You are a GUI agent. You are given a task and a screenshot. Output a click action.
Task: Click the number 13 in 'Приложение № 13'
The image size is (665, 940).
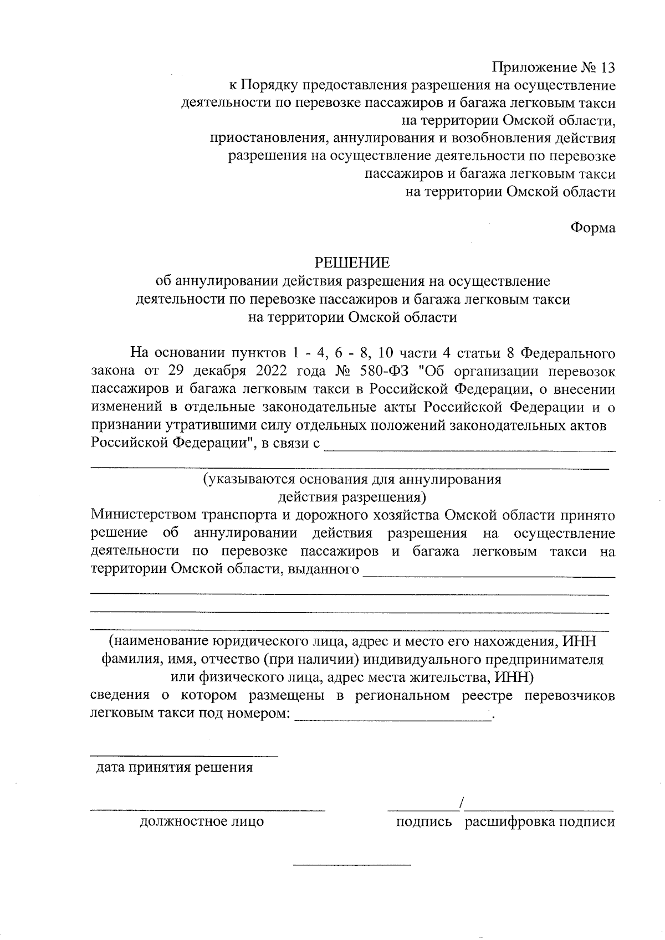(x=606, y=68)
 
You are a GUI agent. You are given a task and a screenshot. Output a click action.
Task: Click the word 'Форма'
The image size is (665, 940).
(x=593, y=228)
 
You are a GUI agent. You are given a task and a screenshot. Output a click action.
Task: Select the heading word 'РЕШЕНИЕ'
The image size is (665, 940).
(x=352, y=263)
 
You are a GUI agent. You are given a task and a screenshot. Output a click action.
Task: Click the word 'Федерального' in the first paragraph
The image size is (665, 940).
(x=569, y=352)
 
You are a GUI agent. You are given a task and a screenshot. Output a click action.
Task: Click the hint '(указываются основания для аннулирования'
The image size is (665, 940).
(x=352, y=479)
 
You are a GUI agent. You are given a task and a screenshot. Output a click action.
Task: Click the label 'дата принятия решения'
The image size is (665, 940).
(x=175, y=768)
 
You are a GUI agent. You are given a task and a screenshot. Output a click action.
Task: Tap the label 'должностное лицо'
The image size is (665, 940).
(x=202, y=821)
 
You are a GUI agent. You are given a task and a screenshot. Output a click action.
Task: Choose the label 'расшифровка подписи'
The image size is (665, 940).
(x=540, y=821)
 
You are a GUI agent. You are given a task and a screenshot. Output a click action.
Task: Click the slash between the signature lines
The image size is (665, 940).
(x=461, y=802)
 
